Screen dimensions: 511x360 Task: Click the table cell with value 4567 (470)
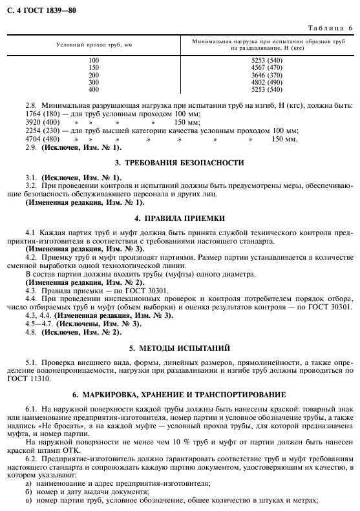pos(270,67)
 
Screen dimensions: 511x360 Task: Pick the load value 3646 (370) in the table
pos(270,75)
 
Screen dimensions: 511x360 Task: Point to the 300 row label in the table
pos(94,82)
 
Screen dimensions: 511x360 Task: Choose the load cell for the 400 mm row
pos(270,89)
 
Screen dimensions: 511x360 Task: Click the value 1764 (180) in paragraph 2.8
pos(41,113)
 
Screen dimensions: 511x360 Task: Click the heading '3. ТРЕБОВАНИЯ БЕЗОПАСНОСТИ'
pos(179,163)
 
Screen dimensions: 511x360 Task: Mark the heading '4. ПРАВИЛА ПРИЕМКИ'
pos(179,218)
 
